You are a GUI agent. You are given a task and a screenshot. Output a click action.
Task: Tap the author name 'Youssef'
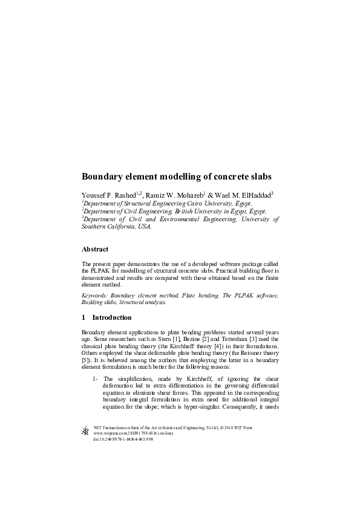[x=95, y=195]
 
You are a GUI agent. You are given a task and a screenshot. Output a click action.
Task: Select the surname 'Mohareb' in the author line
[x=186, y=195]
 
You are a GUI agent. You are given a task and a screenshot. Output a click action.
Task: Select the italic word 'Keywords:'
[x=96, y=296]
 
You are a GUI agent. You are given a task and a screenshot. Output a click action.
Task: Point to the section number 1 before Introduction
[x=83, y=317]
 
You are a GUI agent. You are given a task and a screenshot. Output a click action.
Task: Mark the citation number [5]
[x=85, y=354]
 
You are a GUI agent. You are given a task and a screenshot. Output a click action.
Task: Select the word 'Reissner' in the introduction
[x=250, y=347]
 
